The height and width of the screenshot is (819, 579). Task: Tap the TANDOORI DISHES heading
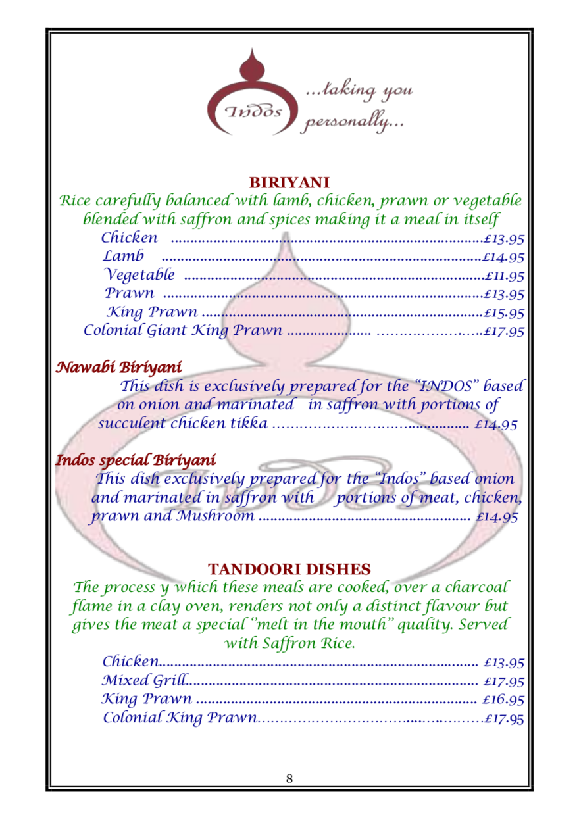click(x=289, y=568)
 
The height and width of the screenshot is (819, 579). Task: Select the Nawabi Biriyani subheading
click(x=118, y=366)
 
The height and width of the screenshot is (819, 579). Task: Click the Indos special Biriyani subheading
click(x=135, y=459)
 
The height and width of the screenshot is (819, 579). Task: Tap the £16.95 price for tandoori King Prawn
click(x=503, y=699)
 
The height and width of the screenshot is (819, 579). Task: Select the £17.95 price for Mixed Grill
click(x=503, y=680)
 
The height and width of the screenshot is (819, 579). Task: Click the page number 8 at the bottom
click(x=289, y=779)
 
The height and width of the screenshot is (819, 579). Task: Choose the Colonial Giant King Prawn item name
click(x=182, y=330)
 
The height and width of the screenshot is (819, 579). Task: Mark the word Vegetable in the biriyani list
click(x=140, y=274)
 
